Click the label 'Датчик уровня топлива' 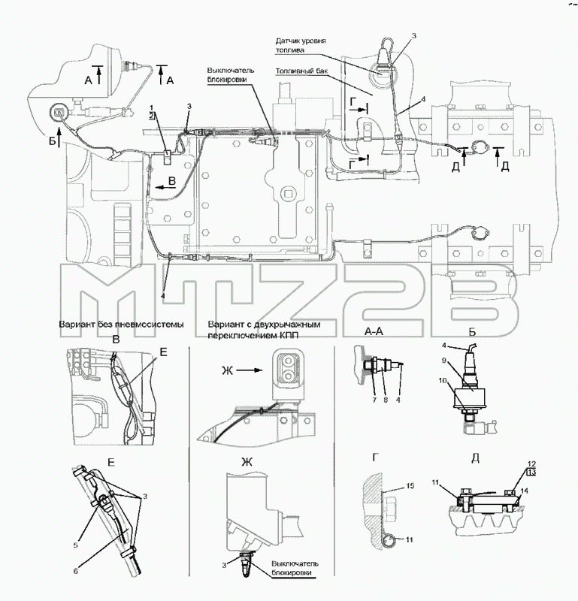(x=301, y=45)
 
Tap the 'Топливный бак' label (x=301, y=71)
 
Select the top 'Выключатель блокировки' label (x=231, y=75)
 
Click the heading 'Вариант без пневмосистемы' (x=121, y=325)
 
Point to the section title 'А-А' (x=374, y=331)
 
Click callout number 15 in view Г (x=410, y=485)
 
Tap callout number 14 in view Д (x=525, y=491)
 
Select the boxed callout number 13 (x=531, y=473)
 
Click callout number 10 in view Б (x=443, y=380)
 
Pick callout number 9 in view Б (x=443, y=360)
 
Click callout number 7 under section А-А (x=374, y=400)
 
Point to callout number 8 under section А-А (x=386, y=400)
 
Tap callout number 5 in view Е (x=76, y=545)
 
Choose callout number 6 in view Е (x=76, y=571)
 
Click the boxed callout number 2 (x=152, y=116)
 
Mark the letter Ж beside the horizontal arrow (x=228, y=370)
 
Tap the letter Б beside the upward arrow (x=52, y=142)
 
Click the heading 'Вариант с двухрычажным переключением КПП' (x=264, y=330)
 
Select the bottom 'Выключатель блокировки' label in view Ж (x=295, y=568)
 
